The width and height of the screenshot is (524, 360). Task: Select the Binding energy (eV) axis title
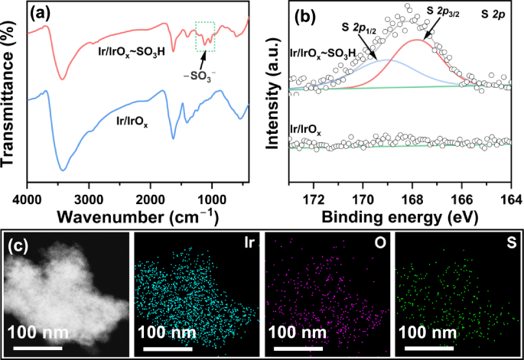(x=400, y=218)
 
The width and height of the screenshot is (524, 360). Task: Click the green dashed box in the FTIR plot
(x=206, y=36)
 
